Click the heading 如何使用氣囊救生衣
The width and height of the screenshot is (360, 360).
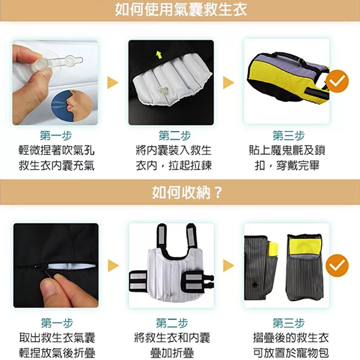[181, 10]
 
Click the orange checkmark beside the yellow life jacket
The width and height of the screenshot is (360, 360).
[337, 81]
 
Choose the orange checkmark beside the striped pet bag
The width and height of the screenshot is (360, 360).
[337, 266]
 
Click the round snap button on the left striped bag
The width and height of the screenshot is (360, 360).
[255, 285]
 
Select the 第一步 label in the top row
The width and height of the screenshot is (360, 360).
[56, 136]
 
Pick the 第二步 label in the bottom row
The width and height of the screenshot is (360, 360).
[172, 323]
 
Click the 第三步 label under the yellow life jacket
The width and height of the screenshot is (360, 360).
[289, 136]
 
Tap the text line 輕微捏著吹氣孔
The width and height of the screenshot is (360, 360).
[57, 150]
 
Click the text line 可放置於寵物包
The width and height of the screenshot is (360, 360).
[291, 353]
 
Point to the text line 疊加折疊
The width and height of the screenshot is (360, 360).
[172, 353]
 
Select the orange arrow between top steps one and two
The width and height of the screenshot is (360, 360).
[113, 83]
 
